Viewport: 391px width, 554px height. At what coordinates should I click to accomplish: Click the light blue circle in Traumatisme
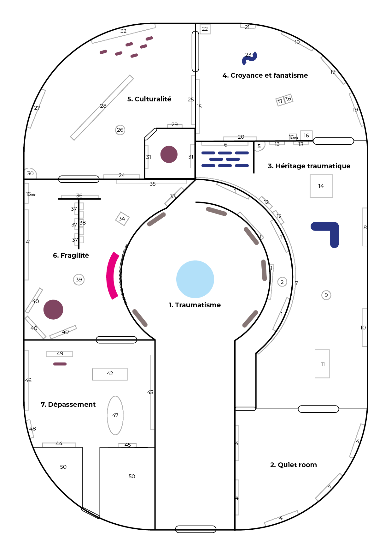[195, 279]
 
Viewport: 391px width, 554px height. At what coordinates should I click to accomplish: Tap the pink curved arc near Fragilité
[111, 276]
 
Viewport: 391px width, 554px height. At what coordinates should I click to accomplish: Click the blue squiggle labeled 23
[249, 58]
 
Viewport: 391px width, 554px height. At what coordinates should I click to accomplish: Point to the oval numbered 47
[115, 415]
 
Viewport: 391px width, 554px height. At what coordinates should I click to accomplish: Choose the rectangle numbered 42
[110, 374]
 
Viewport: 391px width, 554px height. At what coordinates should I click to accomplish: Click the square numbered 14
[321, 186]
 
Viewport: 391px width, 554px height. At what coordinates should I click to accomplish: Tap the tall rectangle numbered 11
[322, 364]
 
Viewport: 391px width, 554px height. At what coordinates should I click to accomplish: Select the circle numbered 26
[120, 130]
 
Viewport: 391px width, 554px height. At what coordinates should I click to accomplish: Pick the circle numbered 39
[79, 280]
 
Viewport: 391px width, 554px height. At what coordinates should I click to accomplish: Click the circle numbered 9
[326, 295]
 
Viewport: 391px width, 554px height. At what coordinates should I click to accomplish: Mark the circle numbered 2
[282, 282]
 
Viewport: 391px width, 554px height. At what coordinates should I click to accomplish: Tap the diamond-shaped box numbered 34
[122, 219]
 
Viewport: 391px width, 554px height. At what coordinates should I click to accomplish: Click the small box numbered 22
[205, 29]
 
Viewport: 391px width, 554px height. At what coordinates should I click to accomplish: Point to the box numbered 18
[288, 99]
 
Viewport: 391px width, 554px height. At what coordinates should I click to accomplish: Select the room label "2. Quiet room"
[293, 465]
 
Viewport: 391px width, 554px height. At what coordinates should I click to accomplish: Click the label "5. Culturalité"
[149, 99]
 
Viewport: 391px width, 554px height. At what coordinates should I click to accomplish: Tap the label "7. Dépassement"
[68, 404]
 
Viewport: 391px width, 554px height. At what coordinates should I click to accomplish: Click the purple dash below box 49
[60, 364]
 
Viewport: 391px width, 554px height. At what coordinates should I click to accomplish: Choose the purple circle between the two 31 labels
[169, 154]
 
